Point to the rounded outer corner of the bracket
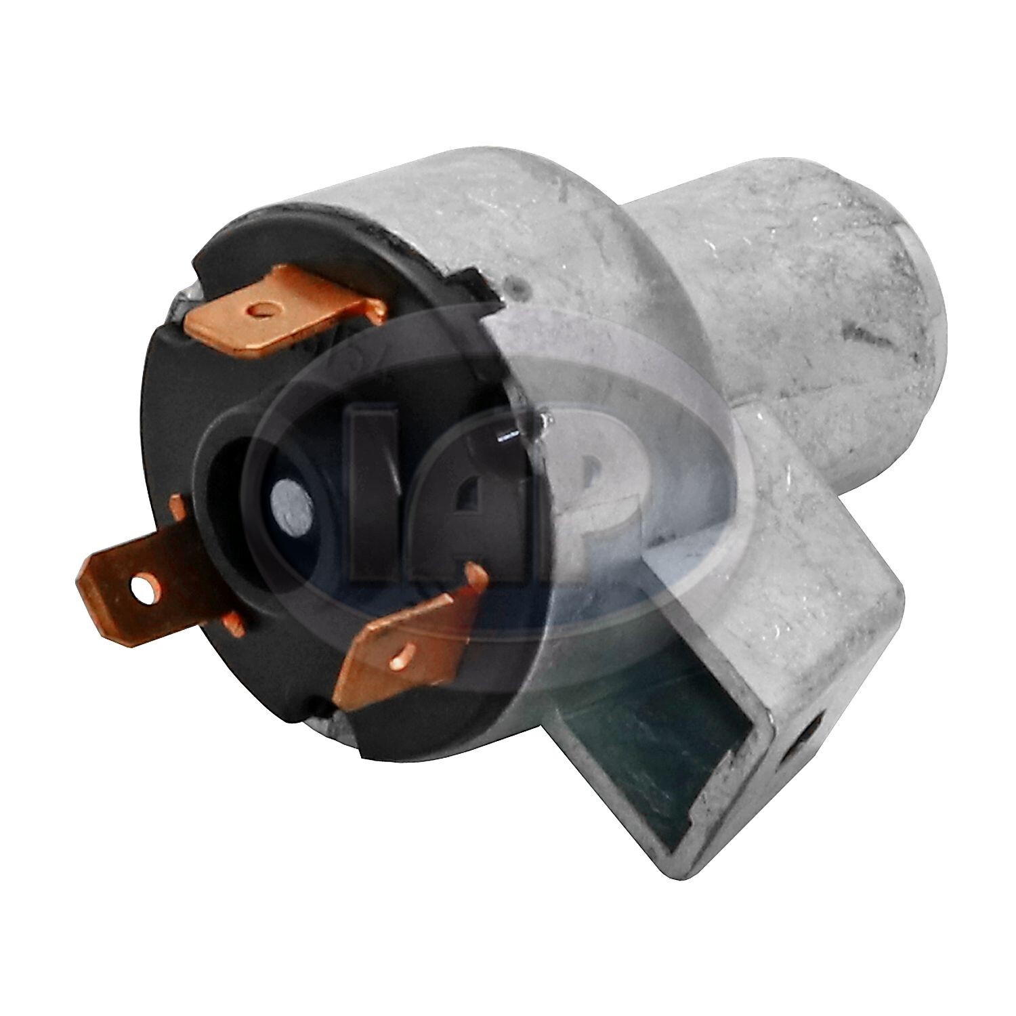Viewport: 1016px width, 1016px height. (894, 596)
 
